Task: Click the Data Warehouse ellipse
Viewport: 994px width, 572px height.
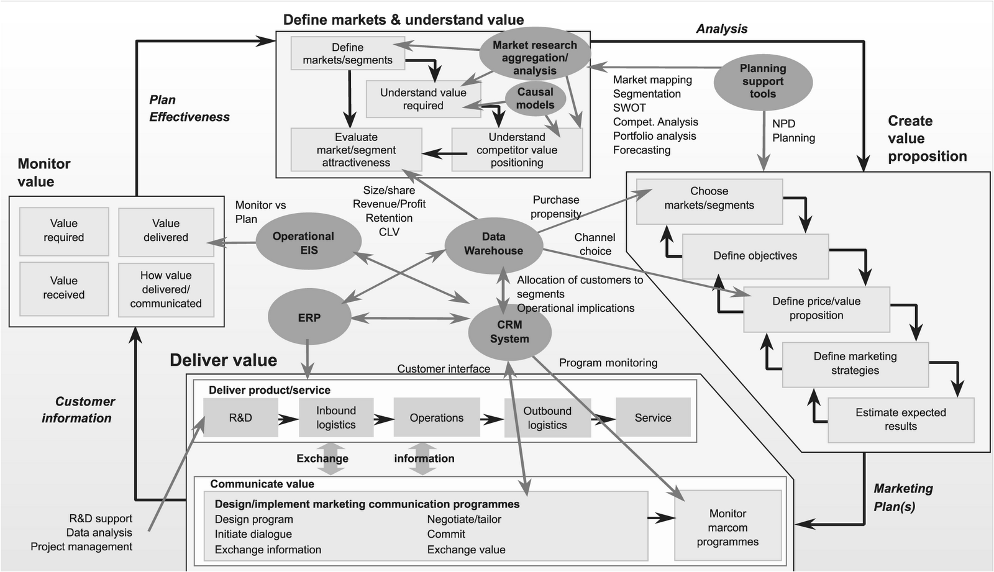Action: click(x=493, y=244)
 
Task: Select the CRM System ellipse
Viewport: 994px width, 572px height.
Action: click(x=509, y=332)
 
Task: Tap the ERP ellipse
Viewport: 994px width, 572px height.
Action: click(x=309, y=318)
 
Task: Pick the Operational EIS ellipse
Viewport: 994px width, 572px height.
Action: click(x=308, y=243)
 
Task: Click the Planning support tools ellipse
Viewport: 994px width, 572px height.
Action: click(x=762, y=81)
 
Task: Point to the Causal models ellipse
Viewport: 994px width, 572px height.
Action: click(x=535, y=98)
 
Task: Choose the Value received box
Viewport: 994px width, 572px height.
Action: click(x=64, y=288)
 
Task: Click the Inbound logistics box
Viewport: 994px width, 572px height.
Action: click(x=336, y=418)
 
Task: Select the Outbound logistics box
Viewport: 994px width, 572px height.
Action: click(x=547, y=418)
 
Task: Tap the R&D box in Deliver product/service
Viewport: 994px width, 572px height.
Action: click(x=240, y=418)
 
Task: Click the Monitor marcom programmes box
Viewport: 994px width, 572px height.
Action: click(x=727, y=527)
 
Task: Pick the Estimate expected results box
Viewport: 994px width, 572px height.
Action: click(x=900, y=420)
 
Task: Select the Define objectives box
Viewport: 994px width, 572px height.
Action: click(x=755, y=256)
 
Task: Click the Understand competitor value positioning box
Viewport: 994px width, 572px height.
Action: click(x=516, y=150)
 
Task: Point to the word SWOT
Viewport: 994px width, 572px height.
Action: click(x=629, y=107)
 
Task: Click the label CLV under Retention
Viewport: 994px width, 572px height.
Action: click(x=389, y=232)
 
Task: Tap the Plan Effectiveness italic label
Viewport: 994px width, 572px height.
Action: click(x=189, y=109)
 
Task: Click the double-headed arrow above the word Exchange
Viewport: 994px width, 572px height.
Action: click(x=331, y=448)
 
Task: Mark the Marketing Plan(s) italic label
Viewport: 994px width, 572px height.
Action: click(x=902, y=497)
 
